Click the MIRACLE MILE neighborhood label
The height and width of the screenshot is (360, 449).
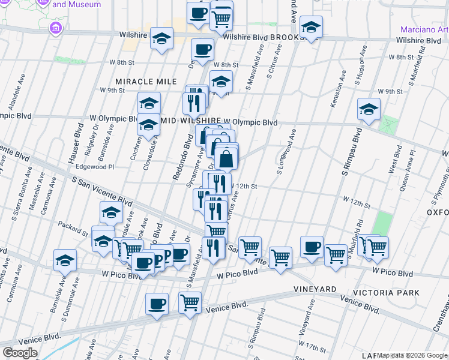(x=146, y=81)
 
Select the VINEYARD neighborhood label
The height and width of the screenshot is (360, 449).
(x=315, y=289)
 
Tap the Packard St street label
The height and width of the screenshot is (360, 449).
(x=73, y=228)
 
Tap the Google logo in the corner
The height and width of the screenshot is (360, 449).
(x=20, y=353)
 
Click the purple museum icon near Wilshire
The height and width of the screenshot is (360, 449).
(x=56, y=28)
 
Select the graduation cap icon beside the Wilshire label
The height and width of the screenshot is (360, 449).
(x=161, y=39)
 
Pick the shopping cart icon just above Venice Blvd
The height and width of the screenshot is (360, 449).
(x=190, y=303)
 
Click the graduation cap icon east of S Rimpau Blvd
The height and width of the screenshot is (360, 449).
(x=369, y=110)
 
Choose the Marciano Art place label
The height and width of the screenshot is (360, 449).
(x=424, y=29)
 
